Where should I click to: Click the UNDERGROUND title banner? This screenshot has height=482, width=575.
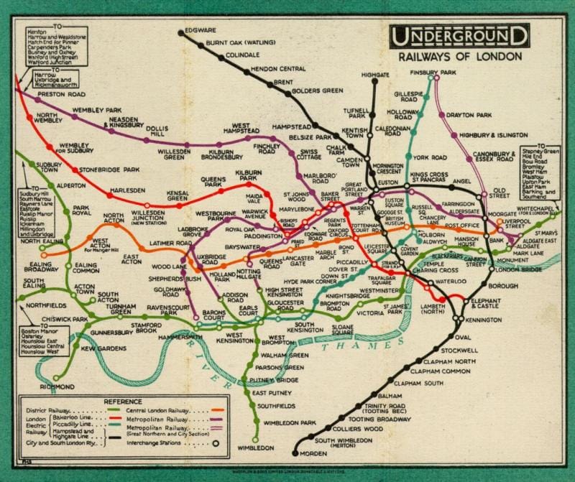click(459, 35)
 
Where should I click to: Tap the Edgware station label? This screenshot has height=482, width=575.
click(201, 31)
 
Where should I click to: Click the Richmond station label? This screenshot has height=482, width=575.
click(57, 386)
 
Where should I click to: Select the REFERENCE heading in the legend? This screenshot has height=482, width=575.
click(123, 401)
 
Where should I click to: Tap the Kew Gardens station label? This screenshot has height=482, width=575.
click(100, 348)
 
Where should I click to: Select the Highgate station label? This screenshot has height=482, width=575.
click(374, 74)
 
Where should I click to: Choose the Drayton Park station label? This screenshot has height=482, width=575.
click(469, 114)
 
